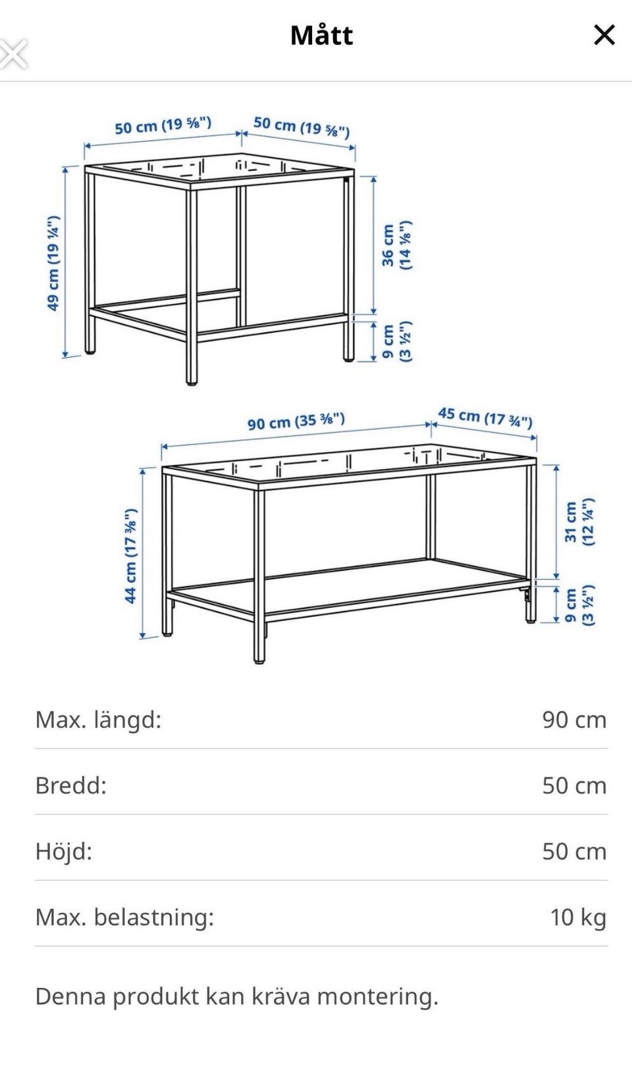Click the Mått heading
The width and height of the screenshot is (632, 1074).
(321, 35)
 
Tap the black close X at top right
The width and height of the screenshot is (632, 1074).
(604, 35)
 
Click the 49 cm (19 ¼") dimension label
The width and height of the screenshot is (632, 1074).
(53, 263)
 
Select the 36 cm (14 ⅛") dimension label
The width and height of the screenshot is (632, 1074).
(396, 245)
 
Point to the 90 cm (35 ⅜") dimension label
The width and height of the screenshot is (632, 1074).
(296, 421)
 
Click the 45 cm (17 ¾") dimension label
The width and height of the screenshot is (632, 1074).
(485, 417)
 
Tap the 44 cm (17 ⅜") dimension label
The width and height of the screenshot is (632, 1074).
(130, 556)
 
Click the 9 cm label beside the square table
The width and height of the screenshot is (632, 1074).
(396, 341)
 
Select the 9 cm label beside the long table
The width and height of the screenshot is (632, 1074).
(579, 605)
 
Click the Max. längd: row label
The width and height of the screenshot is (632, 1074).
(98, 720)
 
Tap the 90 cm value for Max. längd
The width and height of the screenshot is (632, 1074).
(575, 720)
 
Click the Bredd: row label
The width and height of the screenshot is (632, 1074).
(71, 785)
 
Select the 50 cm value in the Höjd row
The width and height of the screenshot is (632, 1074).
(575, 852)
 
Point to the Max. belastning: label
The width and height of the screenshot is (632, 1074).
(125, 917)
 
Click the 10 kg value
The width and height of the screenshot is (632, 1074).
(578, 917)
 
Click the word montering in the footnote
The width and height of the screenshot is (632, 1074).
(378, 996)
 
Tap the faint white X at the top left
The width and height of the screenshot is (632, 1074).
(13, 54)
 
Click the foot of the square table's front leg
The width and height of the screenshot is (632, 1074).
(192, 383)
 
